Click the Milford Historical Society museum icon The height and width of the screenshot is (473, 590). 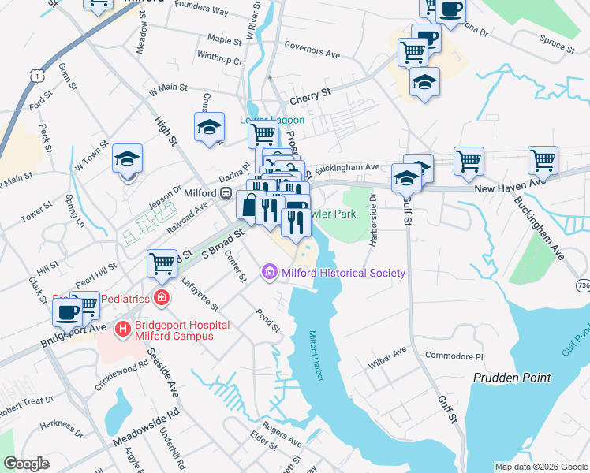(x=268, y=273)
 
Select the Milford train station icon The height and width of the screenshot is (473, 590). (x=226, y=192)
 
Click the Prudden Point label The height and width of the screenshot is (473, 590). (x=511, y=378)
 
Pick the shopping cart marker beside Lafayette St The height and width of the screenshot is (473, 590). (x=162, y=263)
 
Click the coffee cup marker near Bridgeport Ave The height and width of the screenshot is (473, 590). (x=66, y=311)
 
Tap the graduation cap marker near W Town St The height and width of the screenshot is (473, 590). (x=127, y=158)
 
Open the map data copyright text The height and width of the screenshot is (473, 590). (x=540, y=467)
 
